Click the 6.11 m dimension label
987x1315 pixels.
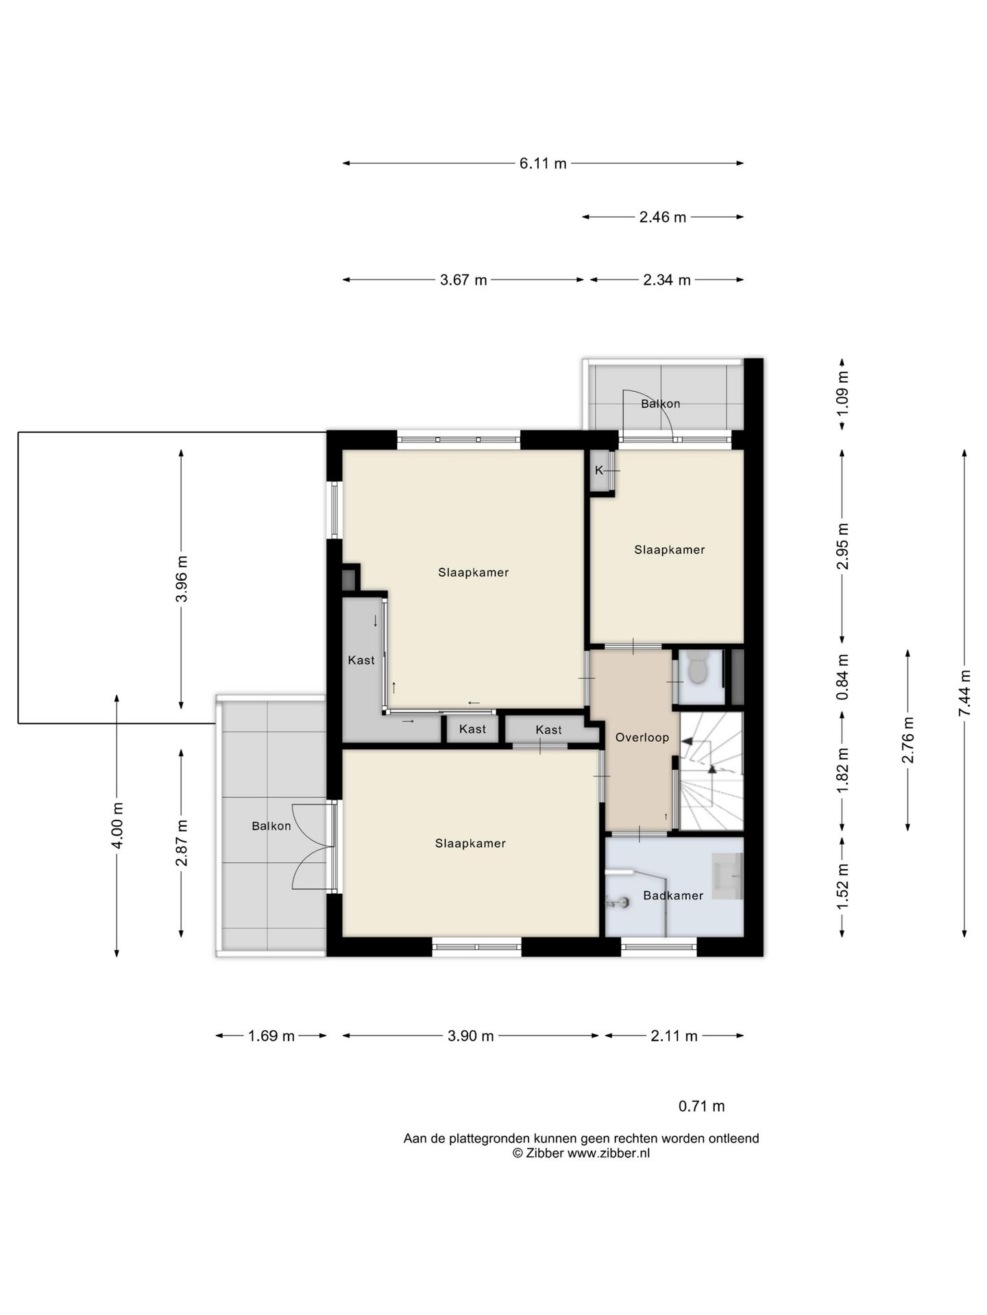(x=543, y=164)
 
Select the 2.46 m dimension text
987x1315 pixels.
(x=662, y=217)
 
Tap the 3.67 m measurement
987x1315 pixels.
(x=463, y=280)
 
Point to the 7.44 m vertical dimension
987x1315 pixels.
(x=964, y=692)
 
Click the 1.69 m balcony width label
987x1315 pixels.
(x=271, y=1036)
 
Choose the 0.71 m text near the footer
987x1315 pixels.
(x=701, y=1106)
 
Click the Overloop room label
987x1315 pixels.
(x=642, y=738)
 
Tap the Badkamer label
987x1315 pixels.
(x=673, y=895)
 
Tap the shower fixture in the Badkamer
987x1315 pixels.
(x=618, y=902)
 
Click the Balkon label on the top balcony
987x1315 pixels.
(x=661, y=403)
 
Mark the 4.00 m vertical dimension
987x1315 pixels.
(x=117, y=825)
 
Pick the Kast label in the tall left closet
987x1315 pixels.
(x=361, y=660)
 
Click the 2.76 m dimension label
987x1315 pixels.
(x=908, y=740)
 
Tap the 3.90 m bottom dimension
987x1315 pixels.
(x=471, y=1036)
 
